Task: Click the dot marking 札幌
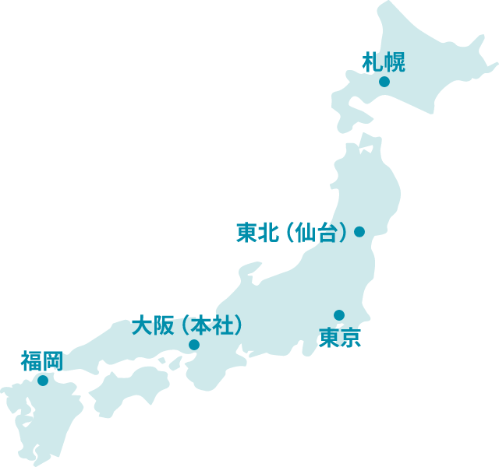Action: (384, 82)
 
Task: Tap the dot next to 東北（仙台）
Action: (359, 232)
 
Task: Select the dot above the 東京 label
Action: (339, 315)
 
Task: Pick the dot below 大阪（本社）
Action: (194, 345)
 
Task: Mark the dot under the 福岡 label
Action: (43, 381)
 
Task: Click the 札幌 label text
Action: (384, 61)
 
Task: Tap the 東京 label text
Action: (340, 338)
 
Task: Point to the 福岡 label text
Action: (41, 361)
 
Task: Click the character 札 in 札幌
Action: (373, 61)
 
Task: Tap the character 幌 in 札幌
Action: (395, 61)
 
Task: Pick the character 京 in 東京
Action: (351, 338)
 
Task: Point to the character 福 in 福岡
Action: (30, 361)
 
